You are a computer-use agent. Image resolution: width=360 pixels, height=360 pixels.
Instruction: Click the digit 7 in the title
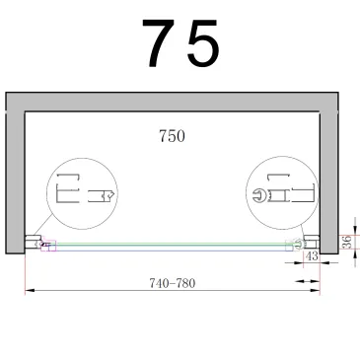[159, 44]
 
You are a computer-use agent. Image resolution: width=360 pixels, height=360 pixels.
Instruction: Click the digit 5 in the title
[201, 44]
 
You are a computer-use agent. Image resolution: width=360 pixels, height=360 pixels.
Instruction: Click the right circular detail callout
[284, 194]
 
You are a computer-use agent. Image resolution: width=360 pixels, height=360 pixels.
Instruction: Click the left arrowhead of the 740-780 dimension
[29, 289]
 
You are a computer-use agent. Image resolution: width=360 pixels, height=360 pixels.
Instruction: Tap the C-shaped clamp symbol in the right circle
[259, 195]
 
